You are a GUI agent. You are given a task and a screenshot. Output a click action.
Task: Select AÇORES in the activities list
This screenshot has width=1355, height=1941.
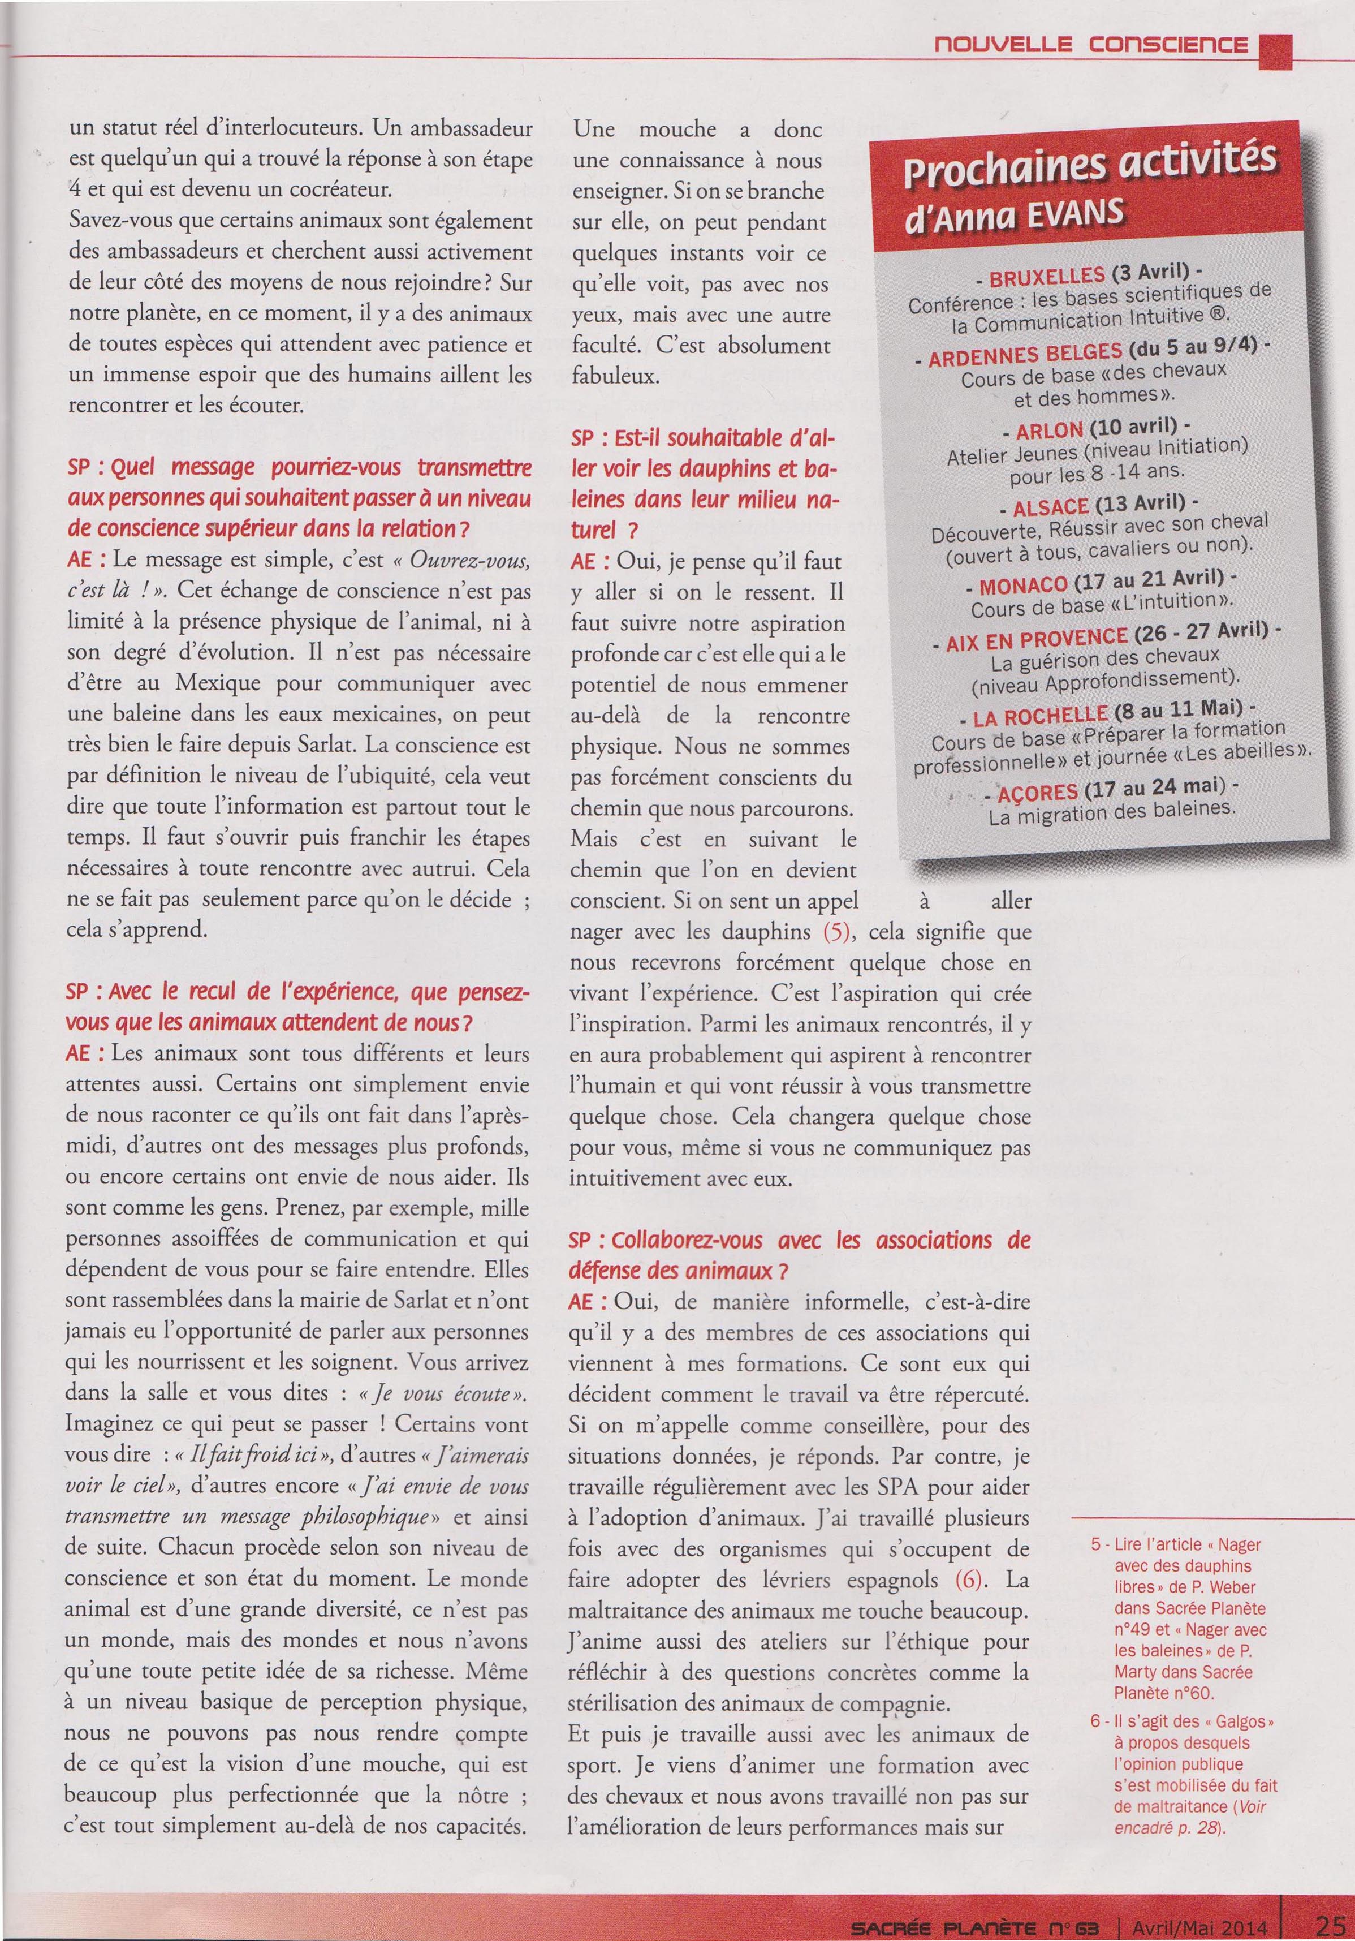(x=1037, y=793)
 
